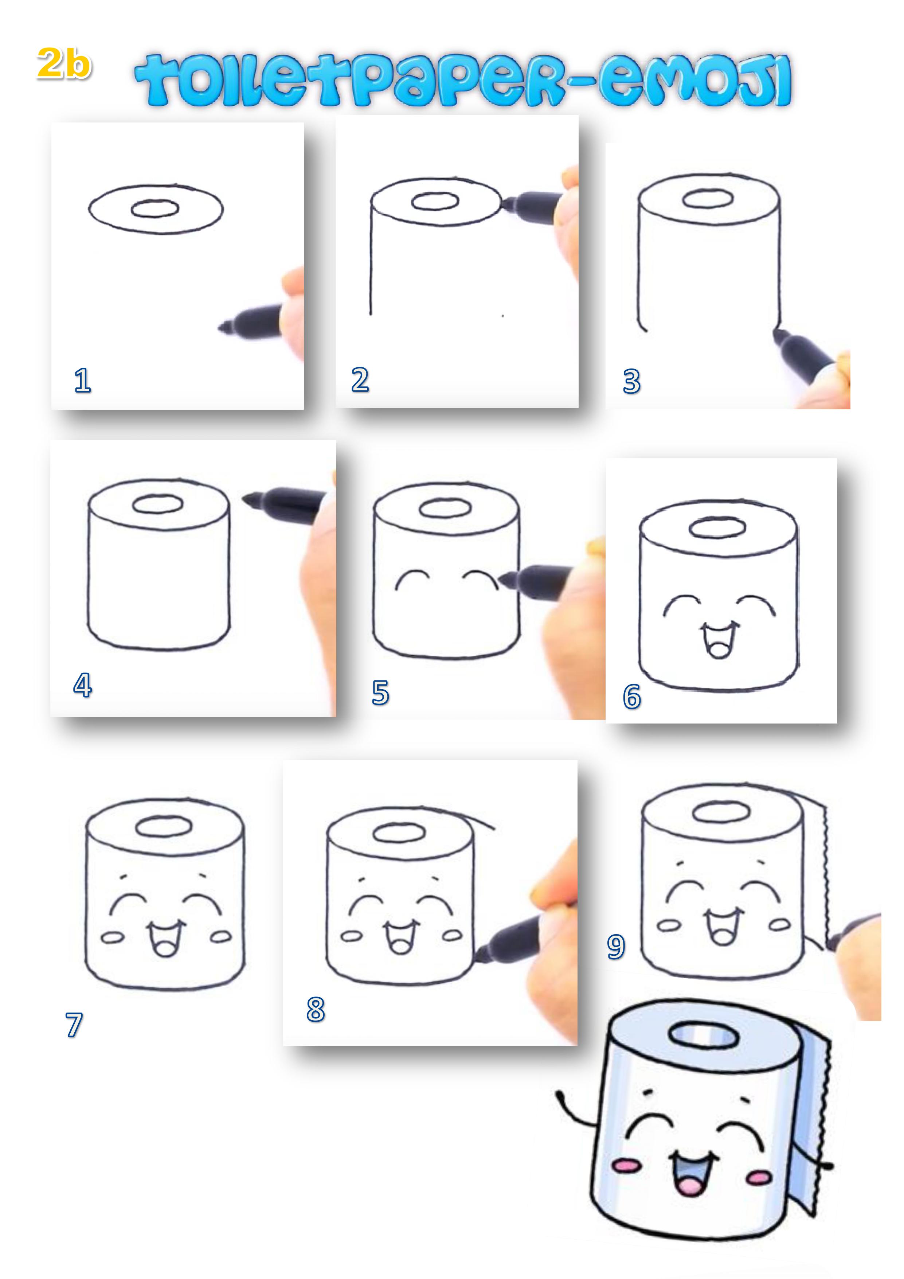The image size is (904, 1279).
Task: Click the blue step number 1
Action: pyautogui.click(x=82, y=381)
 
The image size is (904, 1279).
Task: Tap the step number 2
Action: pyautogui.click(x=360, y=380)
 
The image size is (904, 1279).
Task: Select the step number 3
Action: pyautogui.click(x=631, y=382)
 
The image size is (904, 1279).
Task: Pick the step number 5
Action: pyautogui.click(x=380, y=693)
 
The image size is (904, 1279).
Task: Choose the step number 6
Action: pyautogui.click(x=631, y=697)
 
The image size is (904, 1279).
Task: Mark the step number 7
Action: pyautogui.click(x=74, y=1025)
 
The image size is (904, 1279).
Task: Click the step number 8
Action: pyautogui.click(x=316, y=1009)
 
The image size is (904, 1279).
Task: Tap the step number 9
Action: pyautogui.click(x=616, y=947)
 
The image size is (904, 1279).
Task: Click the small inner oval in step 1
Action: pyautogui.click(x=155, y=209)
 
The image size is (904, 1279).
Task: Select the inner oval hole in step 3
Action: pyautogui.click(x=707, y=198)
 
